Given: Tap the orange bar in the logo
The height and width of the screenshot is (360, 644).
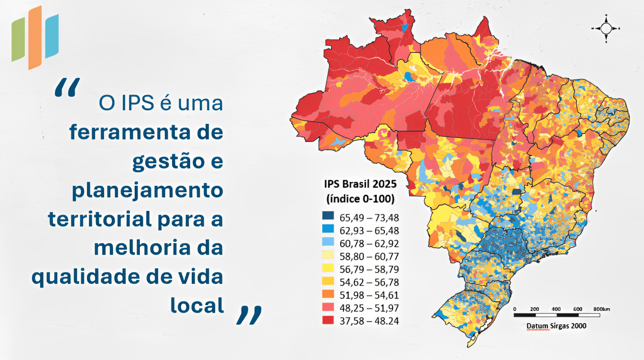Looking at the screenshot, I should click(x=35, y=37).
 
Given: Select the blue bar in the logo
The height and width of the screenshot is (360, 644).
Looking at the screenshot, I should click(x=52, y=36).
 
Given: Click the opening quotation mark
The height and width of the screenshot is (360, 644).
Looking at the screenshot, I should click(x=66, y=88).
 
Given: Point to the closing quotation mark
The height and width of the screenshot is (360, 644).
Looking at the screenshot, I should click(x=249, y=314).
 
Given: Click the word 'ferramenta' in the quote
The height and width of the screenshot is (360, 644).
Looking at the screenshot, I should click(x=146, y=132).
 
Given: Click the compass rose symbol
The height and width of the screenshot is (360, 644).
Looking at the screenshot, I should click(x=606, y=28).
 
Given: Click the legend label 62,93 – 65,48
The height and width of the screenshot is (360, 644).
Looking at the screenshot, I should click(x=369, y=230).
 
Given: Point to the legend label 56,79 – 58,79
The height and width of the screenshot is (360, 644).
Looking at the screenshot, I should click(x=369, y=268).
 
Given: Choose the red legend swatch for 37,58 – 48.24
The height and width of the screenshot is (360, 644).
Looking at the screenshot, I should click(x=328, y=320).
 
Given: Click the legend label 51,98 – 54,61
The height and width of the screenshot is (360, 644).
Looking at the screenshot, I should click(x=369, y=295).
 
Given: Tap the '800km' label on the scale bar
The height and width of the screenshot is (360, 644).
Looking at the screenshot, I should click(x=600, y=309).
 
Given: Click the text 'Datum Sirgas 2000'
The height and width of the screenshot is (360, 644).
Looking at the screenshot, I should click(x=556, y=326).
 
